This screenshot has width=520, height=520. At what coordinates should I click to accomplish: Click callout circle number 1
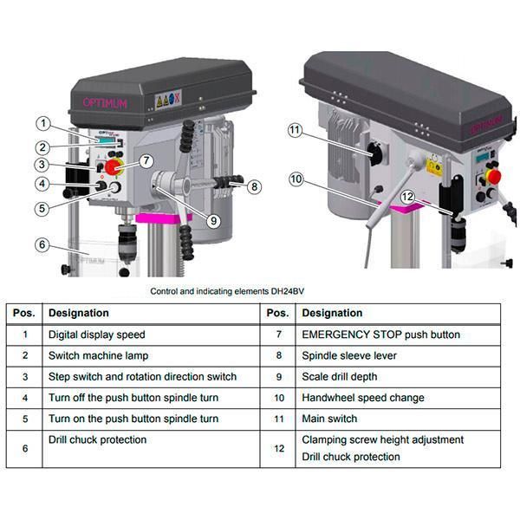[45, 123]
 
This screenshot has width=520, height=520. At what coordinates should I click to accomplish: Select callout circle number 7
[146, 159]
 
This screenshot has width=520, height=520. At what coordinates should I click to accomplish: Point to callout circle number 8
[253, 186]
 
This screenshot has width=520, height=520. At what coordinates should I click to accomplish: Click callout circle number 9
[213, 220]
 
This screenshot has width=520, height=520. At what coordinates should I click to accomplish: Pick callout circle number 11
[295, 130]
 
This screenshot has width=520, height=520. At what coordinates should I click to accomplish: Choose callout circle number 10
[296, 179]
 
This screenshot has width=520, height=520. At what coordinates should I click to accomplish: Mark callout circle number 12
[407, 197]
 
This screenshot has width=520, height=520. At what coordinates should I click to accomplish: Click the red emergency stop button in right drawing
[494, 176]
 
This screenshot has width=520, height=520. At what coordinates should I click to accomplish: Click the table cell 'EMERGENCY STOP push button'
[380, 335]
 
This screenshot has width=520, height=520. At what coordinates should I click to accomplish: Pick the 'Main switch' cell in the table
[329, 419]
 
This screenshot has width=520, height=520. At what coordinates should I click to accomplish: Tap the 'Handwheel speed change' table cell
[362, 398]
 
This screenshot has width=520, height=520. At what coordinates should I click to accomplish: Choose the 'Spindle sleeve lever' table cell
[350, 355]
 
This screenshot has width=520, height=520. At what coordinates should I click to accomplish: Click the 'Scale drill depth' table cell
[339, 377]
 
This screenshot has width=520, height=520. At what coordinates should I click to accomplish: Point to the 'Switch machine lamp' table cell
[98, 355]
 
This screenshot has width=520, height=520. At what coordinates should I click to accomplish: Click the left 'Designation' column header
[79, 313]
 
